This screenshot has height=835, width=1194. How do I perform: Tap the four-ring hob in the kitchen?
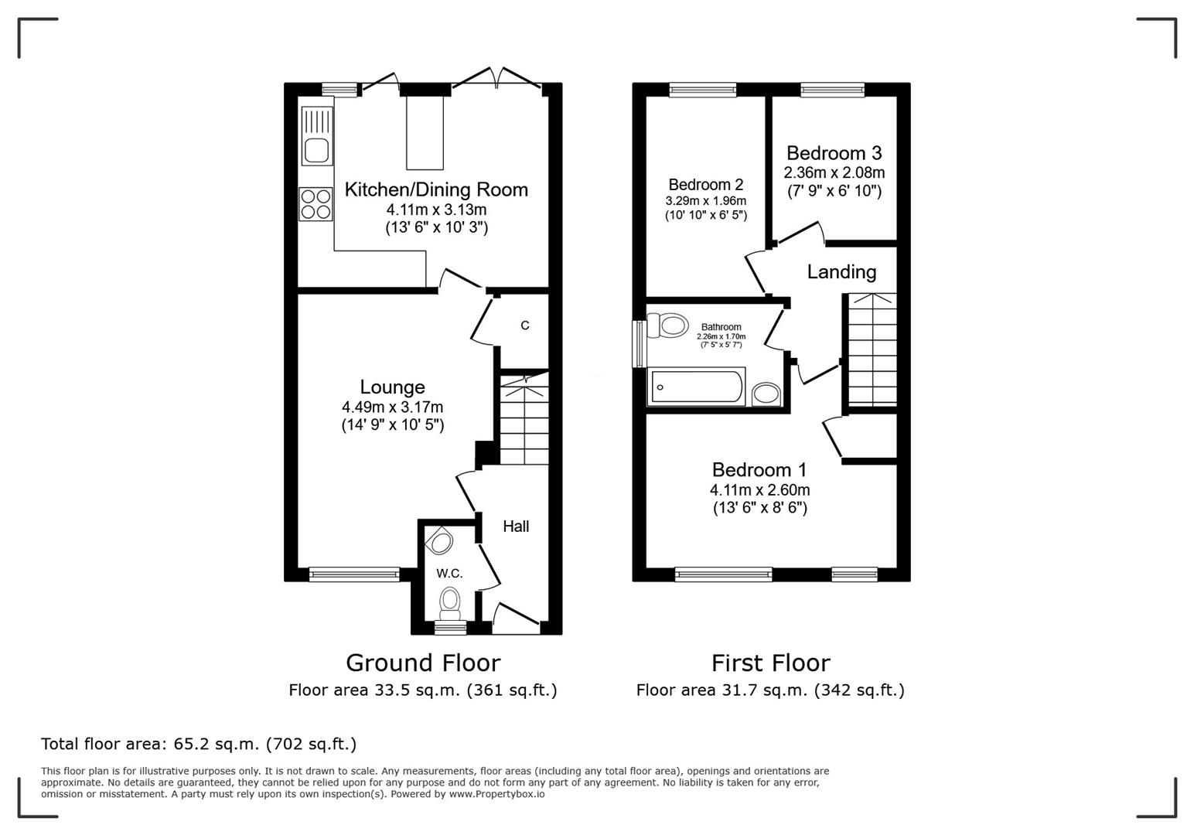tap(316, 204)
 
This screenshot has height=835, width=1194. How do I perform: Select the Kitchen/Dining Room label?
tap(436, 190)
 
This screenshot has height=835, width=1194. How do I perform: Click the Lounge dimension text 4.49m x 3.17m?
tap(392, 407)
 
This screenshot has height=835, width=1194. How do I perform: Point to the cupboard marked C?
tap(525, 325)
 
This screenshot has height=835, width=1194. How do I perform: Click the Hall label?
tap(516, 527)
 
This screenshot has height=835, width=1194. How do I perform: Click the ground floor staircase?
tap(524, 421)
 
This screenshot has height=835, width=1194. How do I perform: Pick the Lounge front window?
tap(354, 574)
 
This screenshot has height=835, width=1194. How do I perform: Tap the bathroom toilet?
tap(670, 325)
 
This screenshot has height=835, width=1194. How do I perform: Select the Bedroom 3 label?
tap(834, 153)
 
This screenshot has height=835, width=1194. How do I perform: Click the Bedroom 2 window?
tap(702, 90)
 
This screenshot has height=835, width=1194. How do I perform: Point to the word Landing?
tap(841, 272)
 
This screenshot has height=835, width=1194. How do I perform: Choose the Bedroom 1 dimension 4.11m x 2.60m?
tap(759, 490)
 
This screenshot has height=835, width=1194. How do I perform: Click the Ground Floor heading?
tap(423, 663)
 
